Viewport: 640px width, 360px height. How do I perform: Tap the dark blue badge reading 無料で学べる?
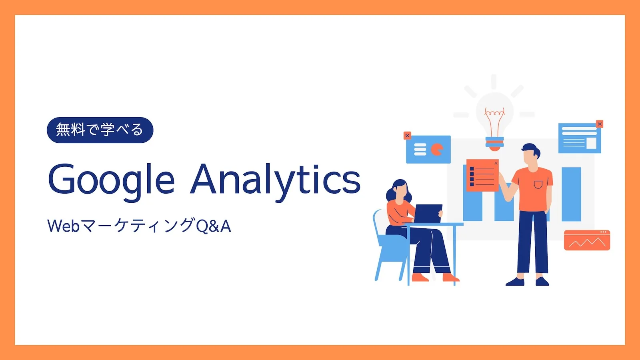click(x=100, y=130)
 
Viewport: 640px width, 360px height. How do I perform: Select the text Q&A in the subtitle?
click(x=214, y=226)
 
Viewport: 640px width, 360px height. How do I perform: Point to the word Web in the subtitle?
click(x=64, y=226)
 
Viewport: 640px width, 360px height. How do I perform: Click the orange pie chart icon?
click(x=437, y=150)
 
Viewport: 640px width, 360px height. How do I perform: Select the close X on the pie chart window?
click(x=407, y=136)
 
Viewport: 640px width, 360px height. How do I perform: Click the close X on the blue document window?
click(x=600, y=124)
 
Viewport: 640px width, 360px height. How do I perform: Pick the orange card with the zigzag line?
click(x=587, y=240)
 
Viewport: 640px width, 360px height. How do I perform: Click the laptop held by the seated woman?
click(x=428, y=214)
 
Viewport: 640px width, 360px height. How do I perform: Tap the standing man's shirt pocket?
click(x=538, y=184)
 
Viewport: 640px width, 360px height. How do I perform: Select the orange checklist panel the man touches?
click(x=482, y=175)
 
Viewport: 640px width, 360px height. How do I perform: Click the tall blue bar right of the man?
click(x=571, y=194)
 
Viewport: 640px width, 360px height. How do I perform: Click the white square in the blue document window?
click(x=591, y=143)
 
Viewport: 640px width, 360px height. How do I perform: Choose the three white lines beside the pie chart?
click(x=420, y=150)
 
